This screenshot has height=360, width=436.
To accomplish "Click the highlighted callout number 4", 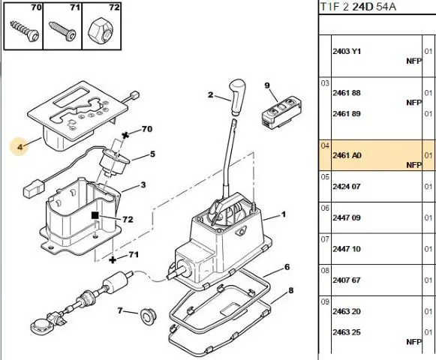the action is coord(20,146).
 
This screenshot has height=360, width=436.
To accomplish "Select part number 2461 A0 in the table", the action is coord(347,155).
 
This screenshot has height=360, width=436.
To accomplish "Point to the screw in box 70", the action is coord(25,31).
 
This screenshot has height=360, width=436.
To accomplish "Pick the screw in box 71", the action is coord(62,31).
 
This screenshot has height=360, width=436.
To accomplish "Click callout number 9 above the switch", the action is coord(267,85).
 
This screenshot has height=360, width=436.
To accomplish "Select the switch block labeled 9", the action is coord(282,112).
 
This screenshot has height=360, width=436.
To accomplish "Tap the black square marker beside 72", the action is coord(95,215).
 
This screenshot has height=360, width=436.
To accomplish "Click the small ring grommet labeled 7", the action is coord(148,316).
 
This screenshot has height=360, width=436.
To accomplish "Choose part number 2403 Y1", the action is coord(347,52).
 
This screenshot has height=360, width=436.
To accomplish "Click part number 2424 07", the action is coord(347,186).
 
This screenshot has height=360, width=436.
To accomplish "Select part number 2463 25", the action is coord(347,332).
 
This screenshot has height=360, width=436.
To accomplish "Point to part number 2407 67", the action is coord(347,280).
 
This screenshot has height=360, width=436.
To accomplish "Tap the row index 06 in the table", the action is coord(325,208).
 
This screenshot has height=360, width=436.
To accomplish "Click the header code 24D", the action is coord(362,7).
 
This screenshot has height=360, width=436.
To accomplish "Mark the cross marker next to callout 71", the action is coord(113,260).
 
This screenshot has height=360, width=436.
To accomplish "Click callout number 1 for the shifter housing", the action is coord(284,214).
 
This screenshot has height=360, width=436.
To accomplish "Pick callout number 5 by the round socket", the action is coord(152,154).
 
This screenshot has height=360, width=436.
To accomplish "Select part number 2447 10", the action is coord(347,249).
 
